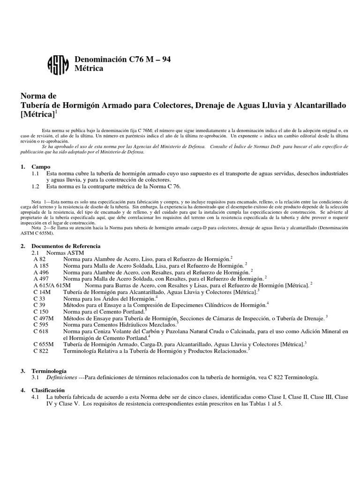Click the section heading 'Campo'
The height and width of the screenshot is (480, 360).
(x=41, y=166)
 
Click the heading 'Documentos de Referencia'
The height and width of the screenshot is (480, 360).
(x=66, y=246)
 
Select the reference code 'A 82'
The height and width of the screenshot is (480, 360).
(x=40, y=259)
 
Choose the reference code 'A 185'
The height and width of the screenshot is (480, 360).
(x=41, y=265)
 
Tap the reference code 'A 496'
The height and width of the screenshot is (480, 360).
(x=41, y=272)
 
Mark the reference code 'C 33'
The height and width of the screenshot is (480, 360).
(x=39, y=298)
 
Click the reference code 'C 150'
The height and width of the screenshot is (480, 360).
(x=41, y=311)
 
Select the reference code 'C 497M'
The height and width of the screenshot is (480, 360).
(x=44, y=317)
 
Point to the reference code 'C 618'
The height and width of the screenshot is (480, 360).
(x=41, y=330)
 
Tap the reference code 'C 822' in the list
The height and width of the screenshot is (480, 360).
(x=41, y=350)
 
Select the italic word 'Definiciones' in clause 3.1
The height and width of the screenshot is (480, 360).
(x=60, y=377)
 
